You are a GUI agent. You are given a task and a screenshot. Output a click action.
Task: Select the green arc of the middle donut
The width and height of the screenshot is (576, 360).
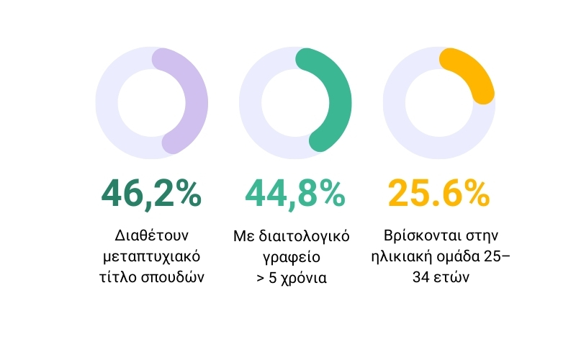click(x=339, y=101)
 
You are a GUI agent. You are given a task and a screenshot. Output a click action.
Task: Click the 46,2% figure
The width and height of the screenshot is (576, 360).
click(x=151, y=194)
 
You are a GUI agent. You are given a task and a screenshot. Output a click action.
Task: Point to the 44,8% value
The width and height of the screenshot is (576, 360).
click(x=295, y=194)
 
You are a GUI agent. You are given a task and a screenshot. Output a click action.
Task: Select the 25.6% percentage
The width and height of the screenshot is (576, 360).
click(x=438, y=194)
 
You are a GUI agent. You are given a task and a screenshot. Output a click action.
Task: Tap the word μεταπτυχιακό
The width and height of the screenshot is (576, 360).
click(x=151, y=256)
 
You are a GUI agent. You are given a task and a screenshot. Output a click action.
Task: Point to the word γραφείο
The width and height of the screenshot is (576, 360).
click(x=295, y=256)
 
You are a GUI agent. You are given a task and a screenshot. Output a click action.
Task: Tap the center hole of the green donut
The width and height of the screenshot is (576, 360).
click(x=295, y=103)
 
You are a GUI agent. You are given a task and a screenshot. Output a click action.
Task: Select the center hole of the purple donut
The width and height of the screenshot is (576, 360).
click(x=151, y=103)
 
